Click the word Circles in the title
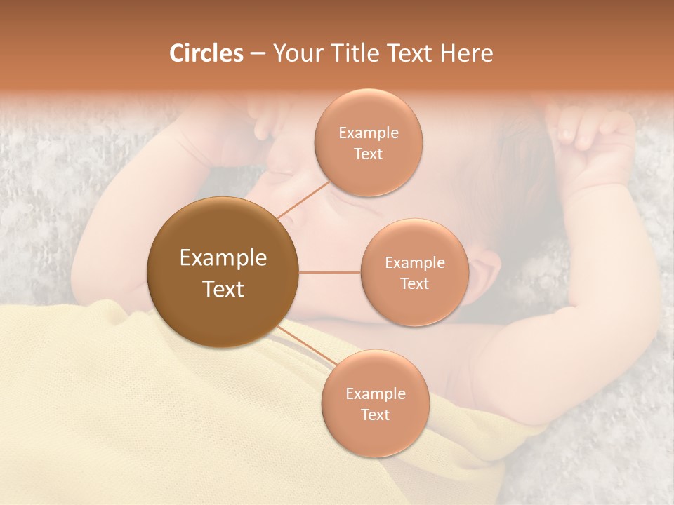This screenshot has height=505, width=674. (x=206, y=53)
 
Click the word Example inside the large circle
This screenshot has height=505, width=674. (x=223, y=258)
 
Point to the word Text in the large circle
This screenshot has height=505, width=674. (x=223, y=289)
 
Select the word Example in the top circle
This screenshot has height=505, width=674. (x=368, y=133)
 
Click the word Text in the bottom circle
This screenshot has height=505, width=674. (x=375, y=415)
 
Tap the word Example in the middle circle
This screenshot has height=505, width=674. (x=414, y=263)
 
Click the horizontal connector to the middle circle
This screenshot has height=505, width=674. (x=330, y=272)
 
